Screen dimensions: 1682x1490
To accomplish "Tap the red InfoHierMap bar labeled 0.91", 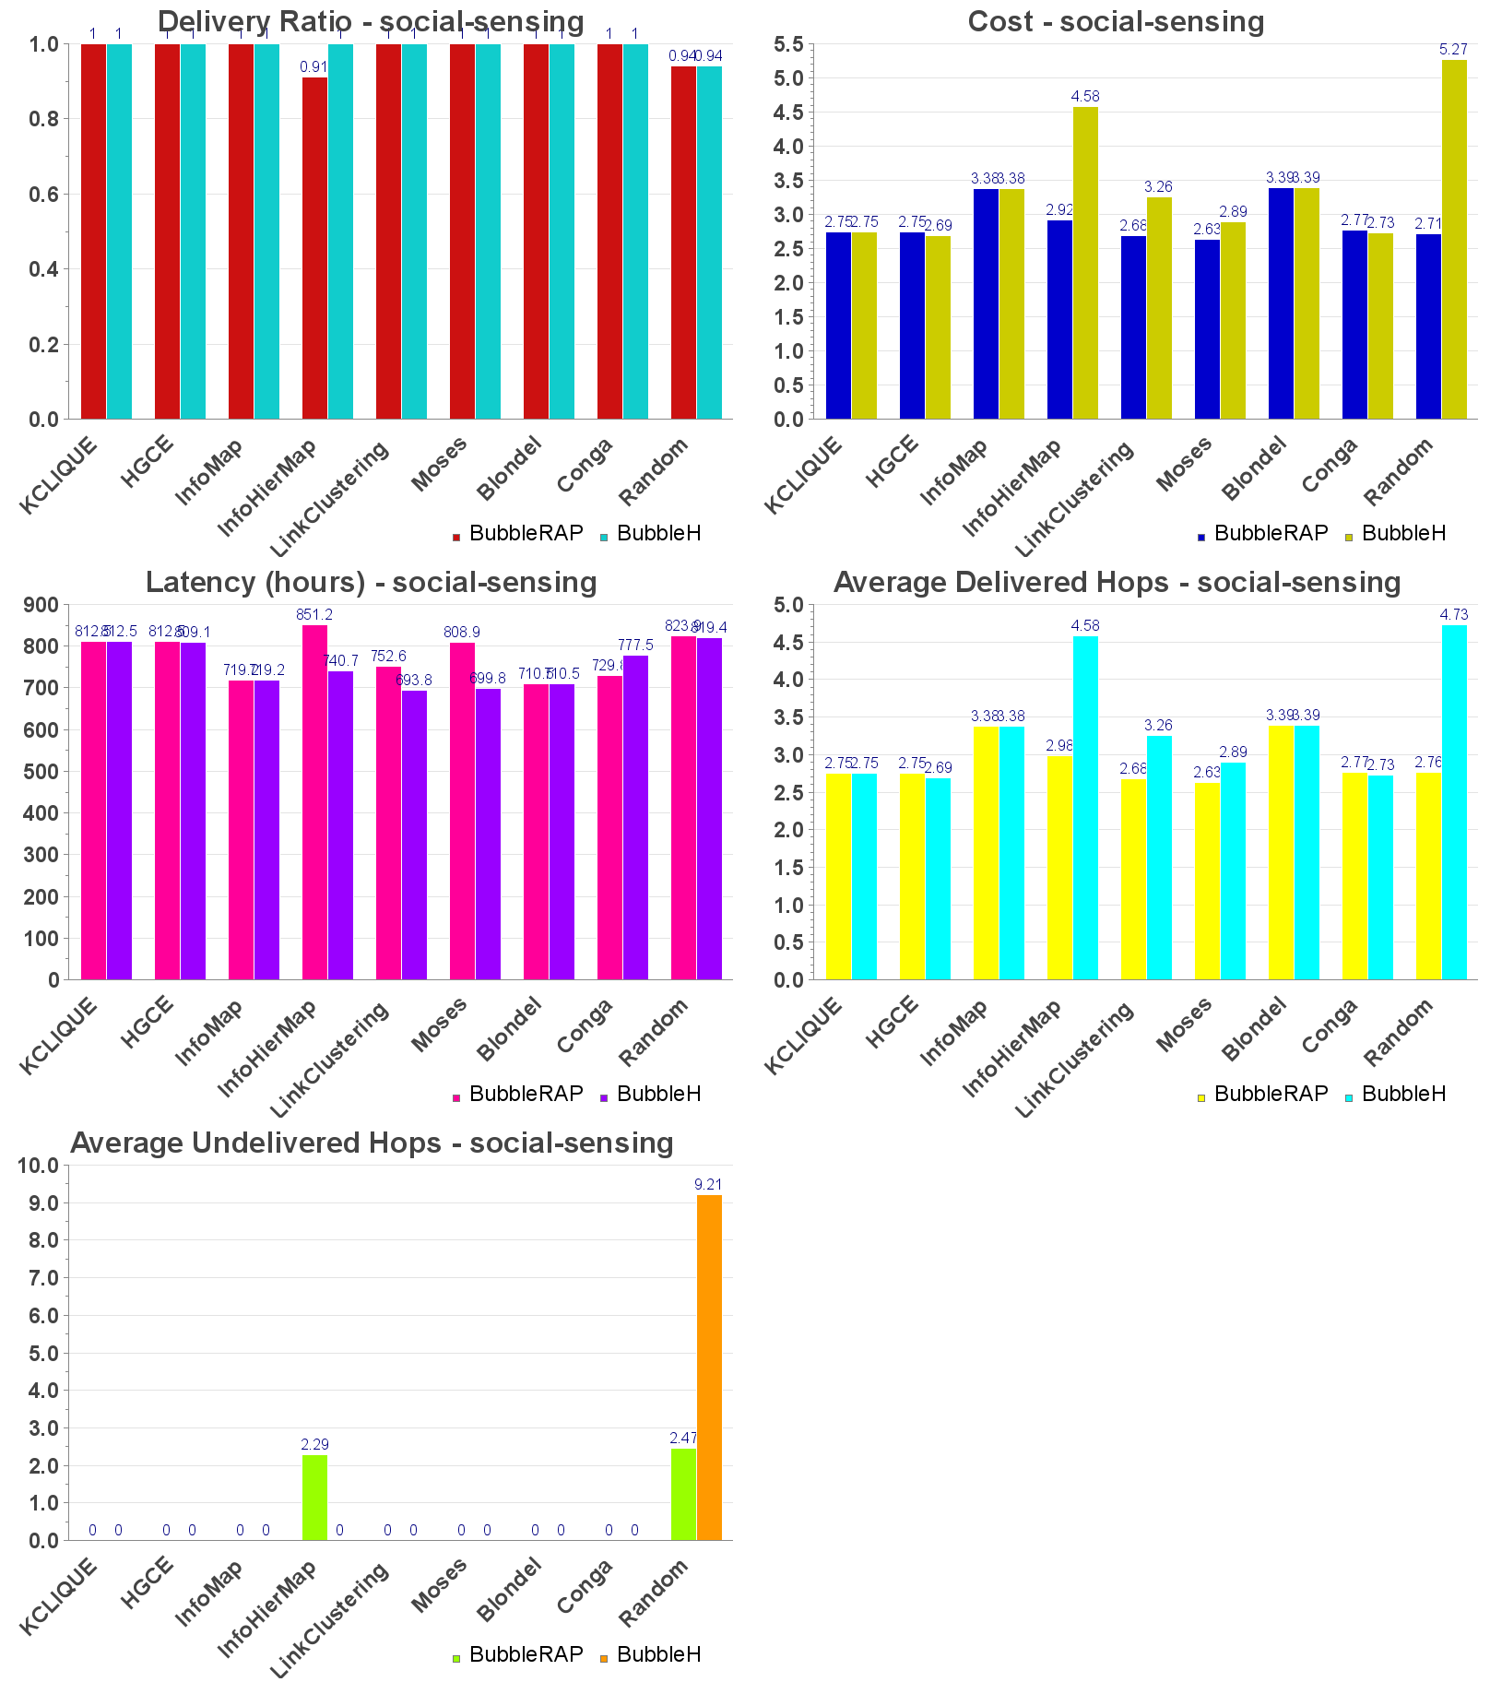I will click(x=314, y=248).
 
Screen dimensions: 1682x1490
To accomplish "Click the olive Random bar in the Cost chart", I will click(x=1454, y=240).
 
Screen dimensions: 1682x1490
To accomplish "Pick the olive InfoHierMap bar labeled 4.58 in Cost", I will click(x=1085, y=263).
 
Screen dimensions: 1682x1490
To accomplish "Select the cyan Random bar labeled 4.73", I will click(x=1454, y=802).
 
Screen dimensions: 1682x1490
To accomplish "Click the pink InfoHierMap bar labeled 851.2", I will click(x=314, y=802).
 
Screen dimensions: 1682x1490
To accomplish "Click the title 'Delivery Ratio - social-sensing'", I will click(x=371, y=21).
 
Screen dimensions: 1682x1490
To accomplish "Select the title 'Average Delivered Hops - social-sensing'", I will click(x=1117, y=582).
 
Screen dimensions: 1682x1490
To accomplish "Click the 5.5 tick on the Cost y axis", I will click(x=788, y=44).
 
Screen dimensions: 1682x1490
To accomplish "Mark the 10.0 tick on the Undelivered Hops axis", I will click(x=39, y=1166).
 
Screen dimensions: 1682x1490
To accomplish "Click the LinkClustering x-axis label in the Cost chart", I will click(x=1075, y=499).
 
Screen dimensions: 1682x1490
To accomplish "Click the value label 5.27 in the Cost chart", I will click(x=1453, y=50).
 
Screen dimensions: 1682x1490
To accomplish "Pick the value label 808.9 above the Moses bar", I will click(x=461, y=633).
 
